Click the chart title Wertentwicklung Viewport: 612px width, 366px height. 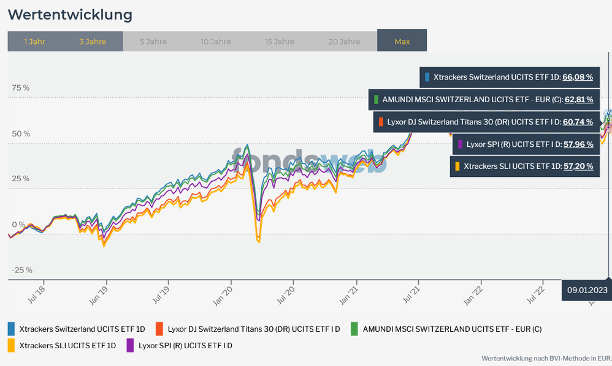point(69,14)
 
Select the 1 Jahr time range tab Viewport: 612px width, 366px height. point(34,42)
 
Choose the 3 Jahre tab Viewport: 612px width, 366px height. point(93,42)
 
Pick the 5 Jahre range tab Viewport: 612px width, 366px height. point(153,42)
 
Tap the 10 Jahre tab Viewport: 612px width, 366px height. point(216,42)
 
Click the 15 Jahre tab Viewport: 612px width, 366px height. point(280,42)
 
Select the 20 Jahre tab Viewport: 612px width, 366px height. point(344,42)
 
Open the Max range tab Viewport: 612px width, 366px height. point(402,42)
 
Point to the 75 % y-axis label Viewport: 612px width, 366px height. point(20,88)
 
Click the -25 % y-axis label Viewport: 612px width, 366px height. point(21,270)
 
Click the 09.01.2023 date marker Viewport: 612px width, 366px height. point(586,290)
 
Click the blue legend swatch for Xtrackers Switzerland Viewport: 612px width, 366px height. point(12,329)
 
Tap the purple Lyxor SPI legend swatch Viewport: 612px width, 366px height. point(130,346)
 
